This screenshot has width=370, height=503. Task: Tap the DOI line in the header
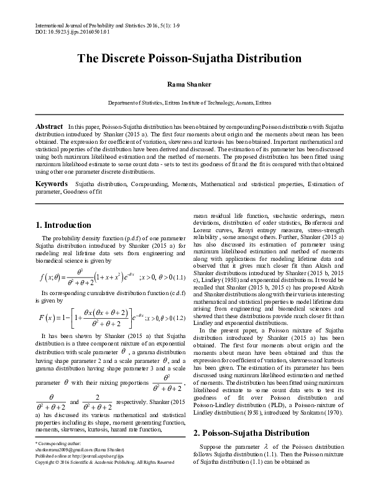65,31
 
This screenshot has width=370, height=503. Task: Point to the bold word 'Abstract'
49,126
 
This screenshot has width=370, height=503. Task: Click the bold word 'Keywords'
52,185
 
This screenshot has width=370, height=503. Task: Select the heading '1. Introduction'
63,225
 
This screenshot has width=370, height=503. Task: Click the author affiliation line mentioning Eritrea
189,102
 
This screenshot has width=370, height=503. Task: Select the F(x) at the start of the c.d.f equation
49,319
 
